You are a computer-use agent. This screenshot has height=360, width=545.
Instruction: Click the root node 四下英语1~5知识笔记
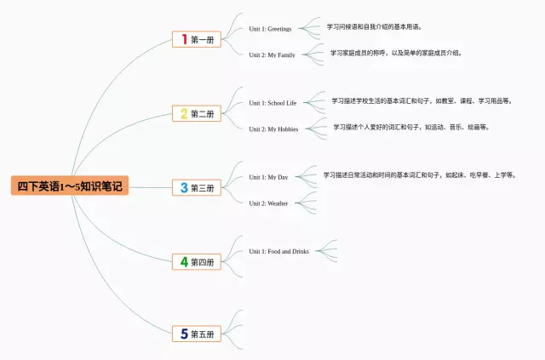click(x=70, y=186)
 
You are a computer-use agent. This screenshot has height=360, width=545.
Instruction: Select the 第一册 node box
click(x=196, y=39)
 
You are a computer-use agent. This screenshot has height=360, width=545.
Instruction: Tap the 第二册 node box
click(x=196, y=113)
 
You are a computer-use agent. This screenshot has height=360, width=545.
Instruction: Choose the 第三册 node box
click(x=196, y=187)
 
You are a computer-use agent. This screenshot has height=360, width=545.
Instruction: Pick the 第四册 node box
click(x=196, y=262)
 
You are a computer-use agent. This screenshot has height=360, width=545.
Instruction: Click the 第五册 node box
click(x=196, y=334)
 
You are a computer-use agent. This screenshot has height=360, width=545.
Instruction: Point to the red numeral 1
click(x=183, y=39)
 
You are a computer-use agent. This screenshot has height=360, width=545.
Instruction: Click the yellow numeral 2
click(x=183, y=113)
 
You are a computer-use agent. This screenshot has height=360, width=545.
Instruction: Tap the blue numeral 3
click(x=183, y=187)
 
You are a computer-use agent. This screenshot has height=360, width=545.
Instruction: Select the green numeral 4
click(x=183, y=262)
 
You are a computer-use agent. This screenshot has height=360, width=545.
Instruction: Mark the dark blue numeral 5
click(x=183, y=334)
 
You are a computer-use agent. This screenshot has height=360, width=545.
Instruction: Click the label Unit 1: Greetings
click(x=270, y=29)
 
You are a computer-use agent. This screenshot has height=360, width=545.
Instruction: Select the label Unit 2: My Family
click(x=272, y=54)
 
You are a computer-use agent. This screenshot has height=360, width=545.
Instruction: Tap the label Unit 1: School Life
click(x=272, y=103)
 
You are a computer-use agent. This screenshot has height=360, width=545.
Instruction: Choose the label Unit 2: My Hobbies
click(x=272, y=129)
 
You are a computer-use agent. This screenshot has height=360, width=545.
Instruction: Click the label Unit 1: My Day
click(x=268, y=177)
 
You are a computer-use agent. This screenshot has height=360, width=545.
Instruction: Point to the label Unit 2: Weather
click(x=268, y=203)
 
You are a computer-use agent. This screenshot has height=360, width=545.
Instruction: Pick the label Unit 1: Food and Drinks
click(x=278, y=251)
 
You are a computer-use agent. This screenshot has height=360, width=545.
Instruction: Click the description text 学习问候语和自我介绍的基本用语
click(x=375, y=26)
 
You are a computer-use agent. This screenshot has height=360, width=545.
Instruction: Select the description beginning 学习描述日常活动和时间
click(x=419, y=175)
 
